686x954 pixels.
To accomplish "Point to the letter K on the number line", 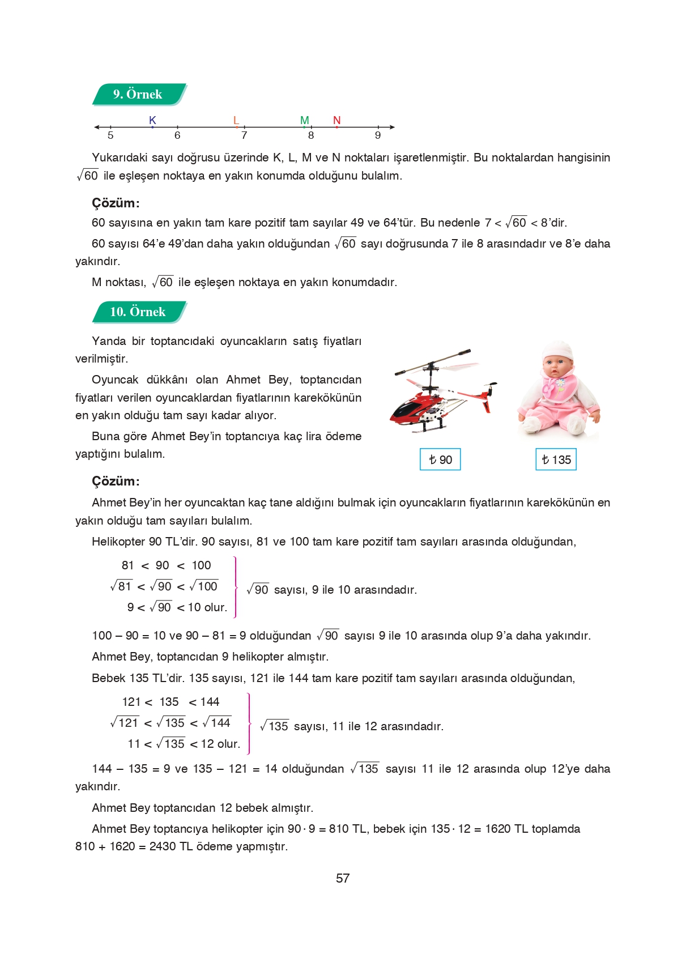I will pyautogui.click(x=152, y=120).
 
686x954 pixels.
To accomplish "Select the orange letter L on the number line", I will pyautogui.click(x=236, y=120).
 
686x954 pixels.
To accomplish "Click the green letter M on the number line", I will pyautogui.click(x=305, y=120).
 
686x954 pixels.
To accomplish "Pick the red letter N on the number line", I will pyautogui.click(x=336, y=120).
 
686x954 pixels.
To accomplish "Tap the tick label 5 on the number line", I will pyautogui.click(x=110, y=135).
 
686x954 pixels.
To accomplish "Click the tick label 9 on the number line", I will pyautogui.click(x=378, y=135).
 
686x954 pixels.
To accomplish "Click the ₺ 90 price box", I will pyautogui.click(x=440, y=459).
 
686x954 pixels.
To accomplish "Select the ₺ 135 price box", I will pyautogui.click(x=556, y=459).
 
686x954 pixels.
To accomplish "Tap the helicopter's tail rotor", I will pyautogui.click(x=491, y=390).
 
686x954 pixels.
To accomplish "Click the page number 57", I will pyautogui.click(x=343, y=879).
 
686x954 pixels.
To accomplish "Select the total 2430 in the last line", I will pyautogui.click(x=163, y=846).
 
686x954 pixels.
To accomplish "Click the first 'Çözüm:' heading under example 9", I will pyautogui.click(x=116, y=203).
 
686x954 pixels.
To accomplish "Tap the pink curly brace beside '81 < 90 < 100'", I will pyautogui.click(x=235, y=587).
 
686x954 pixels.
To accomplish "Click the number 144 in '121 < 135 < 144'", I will pyautogui.click(x=210, y=702).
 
